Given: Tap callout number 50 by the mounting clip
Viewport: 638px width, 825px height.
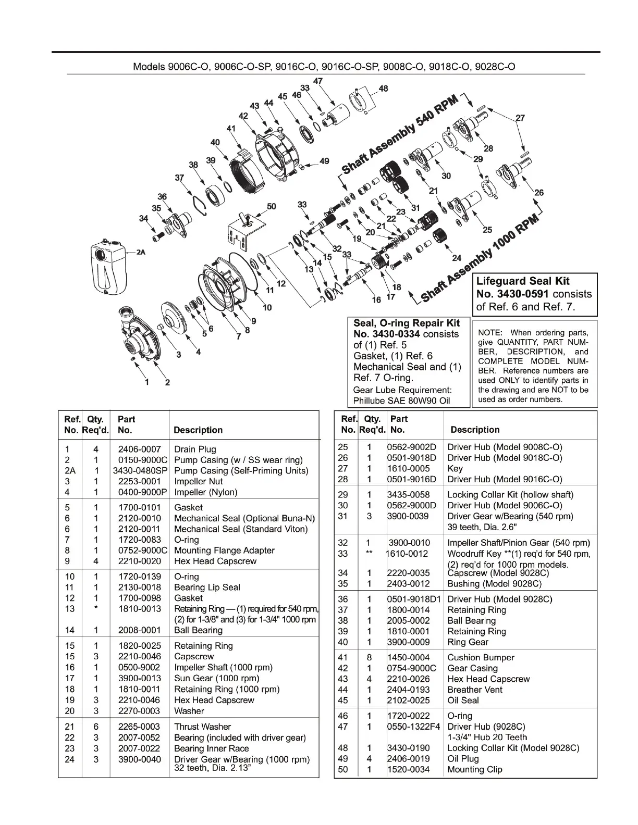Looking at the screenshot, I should tap(272, 206).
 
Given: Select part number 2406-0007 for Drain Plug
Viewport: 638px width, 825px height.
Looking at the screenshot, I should tap(139, 449).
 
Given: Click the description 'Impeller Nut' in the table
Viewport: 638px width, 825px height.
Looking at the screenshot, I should tap(198, 481).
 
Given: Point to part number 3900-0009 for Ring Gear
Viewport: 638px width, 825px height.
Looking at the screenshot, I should tap(409, 642).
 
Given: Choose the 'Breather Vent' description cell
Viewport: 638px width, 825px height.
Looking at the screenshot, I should tap(475, 690).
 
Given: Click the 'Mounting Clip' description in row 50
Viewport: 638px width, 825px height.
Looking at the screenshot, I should tap(475, 769).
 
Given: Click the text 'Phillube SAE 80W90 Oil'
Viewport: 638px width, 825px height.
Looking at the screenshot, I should tap(401, 401).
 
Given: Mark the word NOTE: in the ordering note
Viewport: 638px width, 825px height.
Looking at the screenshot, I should tap(490, 333).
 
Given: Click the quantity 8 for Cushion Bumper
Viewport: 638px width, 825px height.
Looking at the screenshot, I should tap(370, 657).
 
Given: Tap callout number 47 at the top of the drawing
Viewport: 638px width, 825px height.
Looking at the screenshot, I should tap(317, 81).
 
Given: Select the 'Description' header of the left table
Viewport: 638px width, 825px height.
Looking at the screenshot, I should tap(198, 430).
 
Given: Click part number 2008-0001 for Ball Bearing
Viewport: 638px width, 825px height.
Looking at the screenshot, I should tap(139, 630).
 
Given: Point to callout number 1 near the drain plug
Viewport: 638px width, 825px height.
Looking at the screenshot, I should tap(147, 382).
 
